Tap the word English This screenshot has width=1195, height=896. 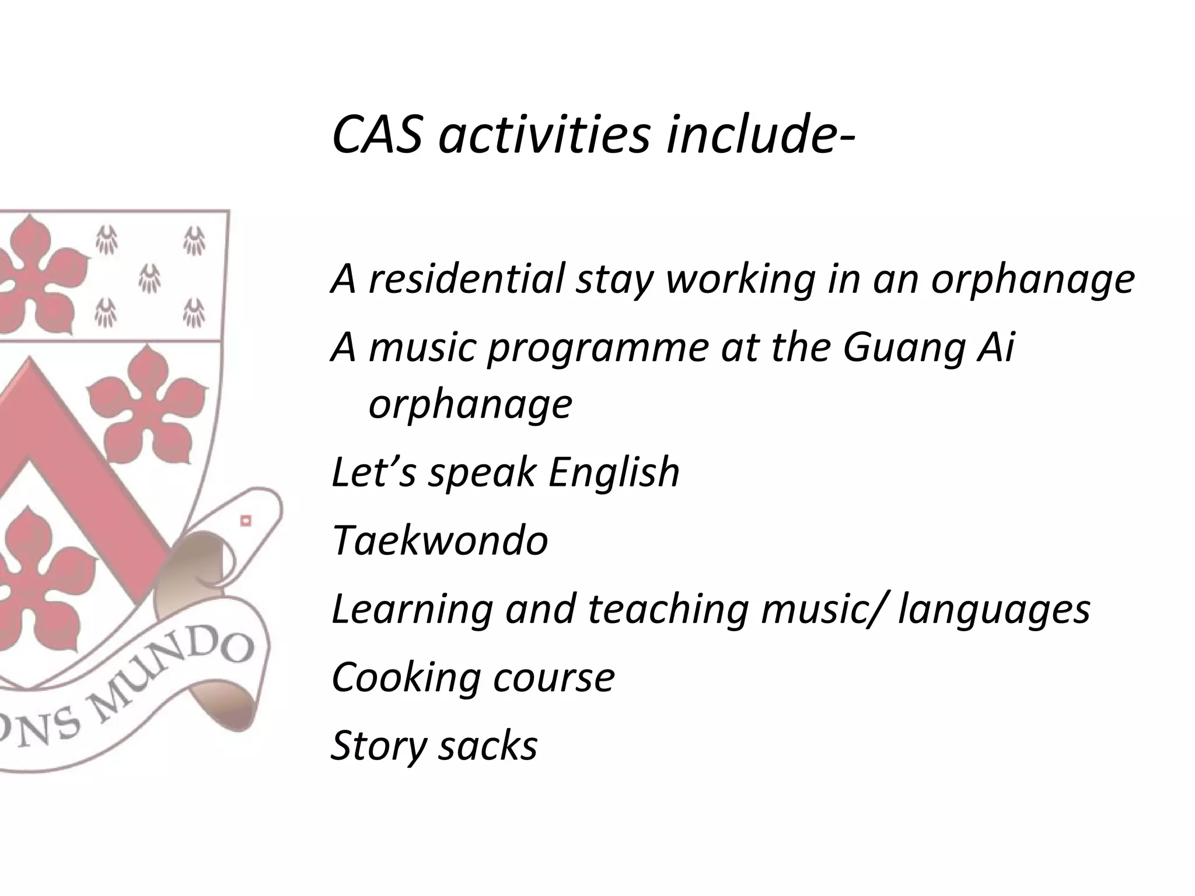pos(614,472)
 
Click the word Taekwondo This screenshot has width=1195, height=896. pos(440,540)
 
